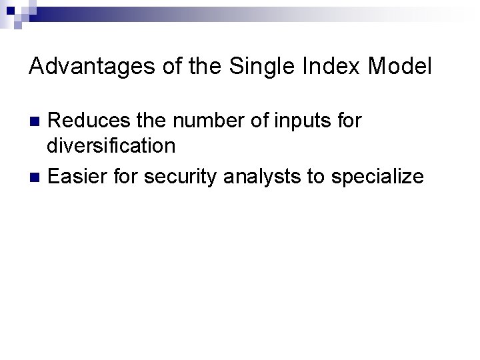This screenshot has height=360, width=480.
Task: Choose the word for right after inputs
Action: pyautogui.click(x=347, y=121)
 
